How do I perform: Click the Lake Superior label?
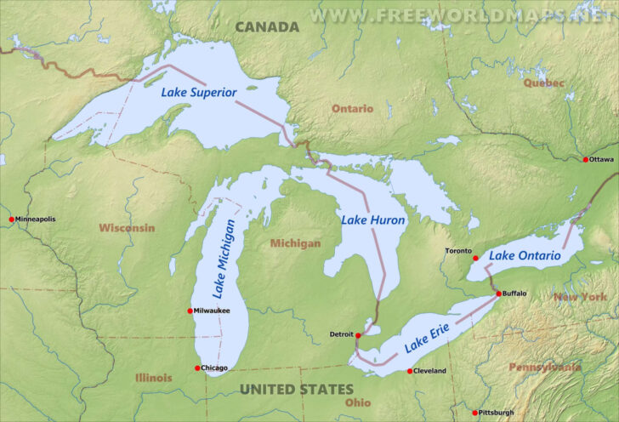199,91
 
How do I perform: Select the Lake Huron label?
373,220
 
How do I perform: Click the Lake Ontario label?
525,255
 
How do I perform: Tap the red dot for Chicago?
197,368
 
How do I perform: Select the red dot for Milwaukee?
190,311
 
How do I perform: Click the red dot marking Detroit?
358,335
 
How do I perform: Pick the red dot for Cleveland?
409,371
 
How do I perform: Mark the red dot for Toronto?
475,258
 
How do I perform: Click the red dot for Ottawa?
585,159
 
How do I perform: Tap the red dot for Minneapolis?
11,220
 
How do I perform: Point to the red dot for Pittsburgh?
474,413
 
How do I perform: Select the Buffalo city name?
514,294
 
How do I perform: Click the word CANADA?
267,27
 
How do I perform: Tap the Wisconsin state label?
127,228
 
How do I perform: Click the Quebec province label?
543,83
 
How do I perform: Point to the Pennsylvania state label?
544,368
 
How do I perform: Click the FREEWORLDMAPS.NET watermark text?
463,14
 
